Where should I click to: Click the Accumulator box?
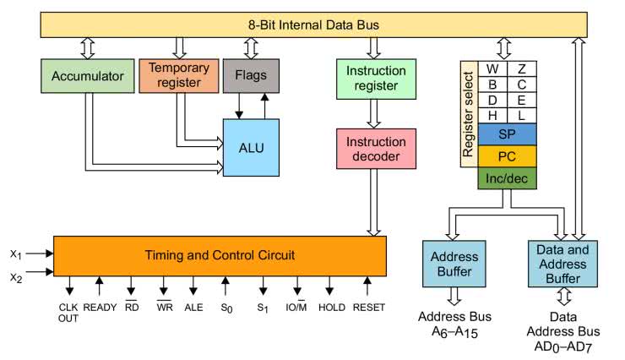(87, 75)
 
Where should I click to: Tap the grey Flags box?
(251, 75)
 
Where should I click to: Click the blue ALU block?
(251, 148)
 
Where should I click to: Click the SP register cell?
(507, 135)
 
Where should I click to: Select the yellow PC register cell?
(507, 156)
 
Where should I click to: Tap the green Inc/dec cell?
(507, 178)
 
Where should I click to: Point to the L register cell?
(522, 114)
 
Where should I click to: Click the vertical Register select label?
(468, 111)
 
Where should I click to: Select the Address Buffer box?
(455, 264)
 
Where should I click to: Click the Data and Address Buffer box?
(562, 263)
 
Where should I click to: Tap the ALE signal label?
(194, 308)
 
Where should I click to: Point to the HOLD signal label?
(332, 308)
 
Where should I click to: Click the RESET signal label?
(368, 308)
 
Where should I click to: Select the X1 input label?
(15, 253)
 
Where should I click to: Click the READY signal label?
(100, 308)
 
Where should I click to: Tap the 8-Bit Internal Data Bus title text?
(312, 25)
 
